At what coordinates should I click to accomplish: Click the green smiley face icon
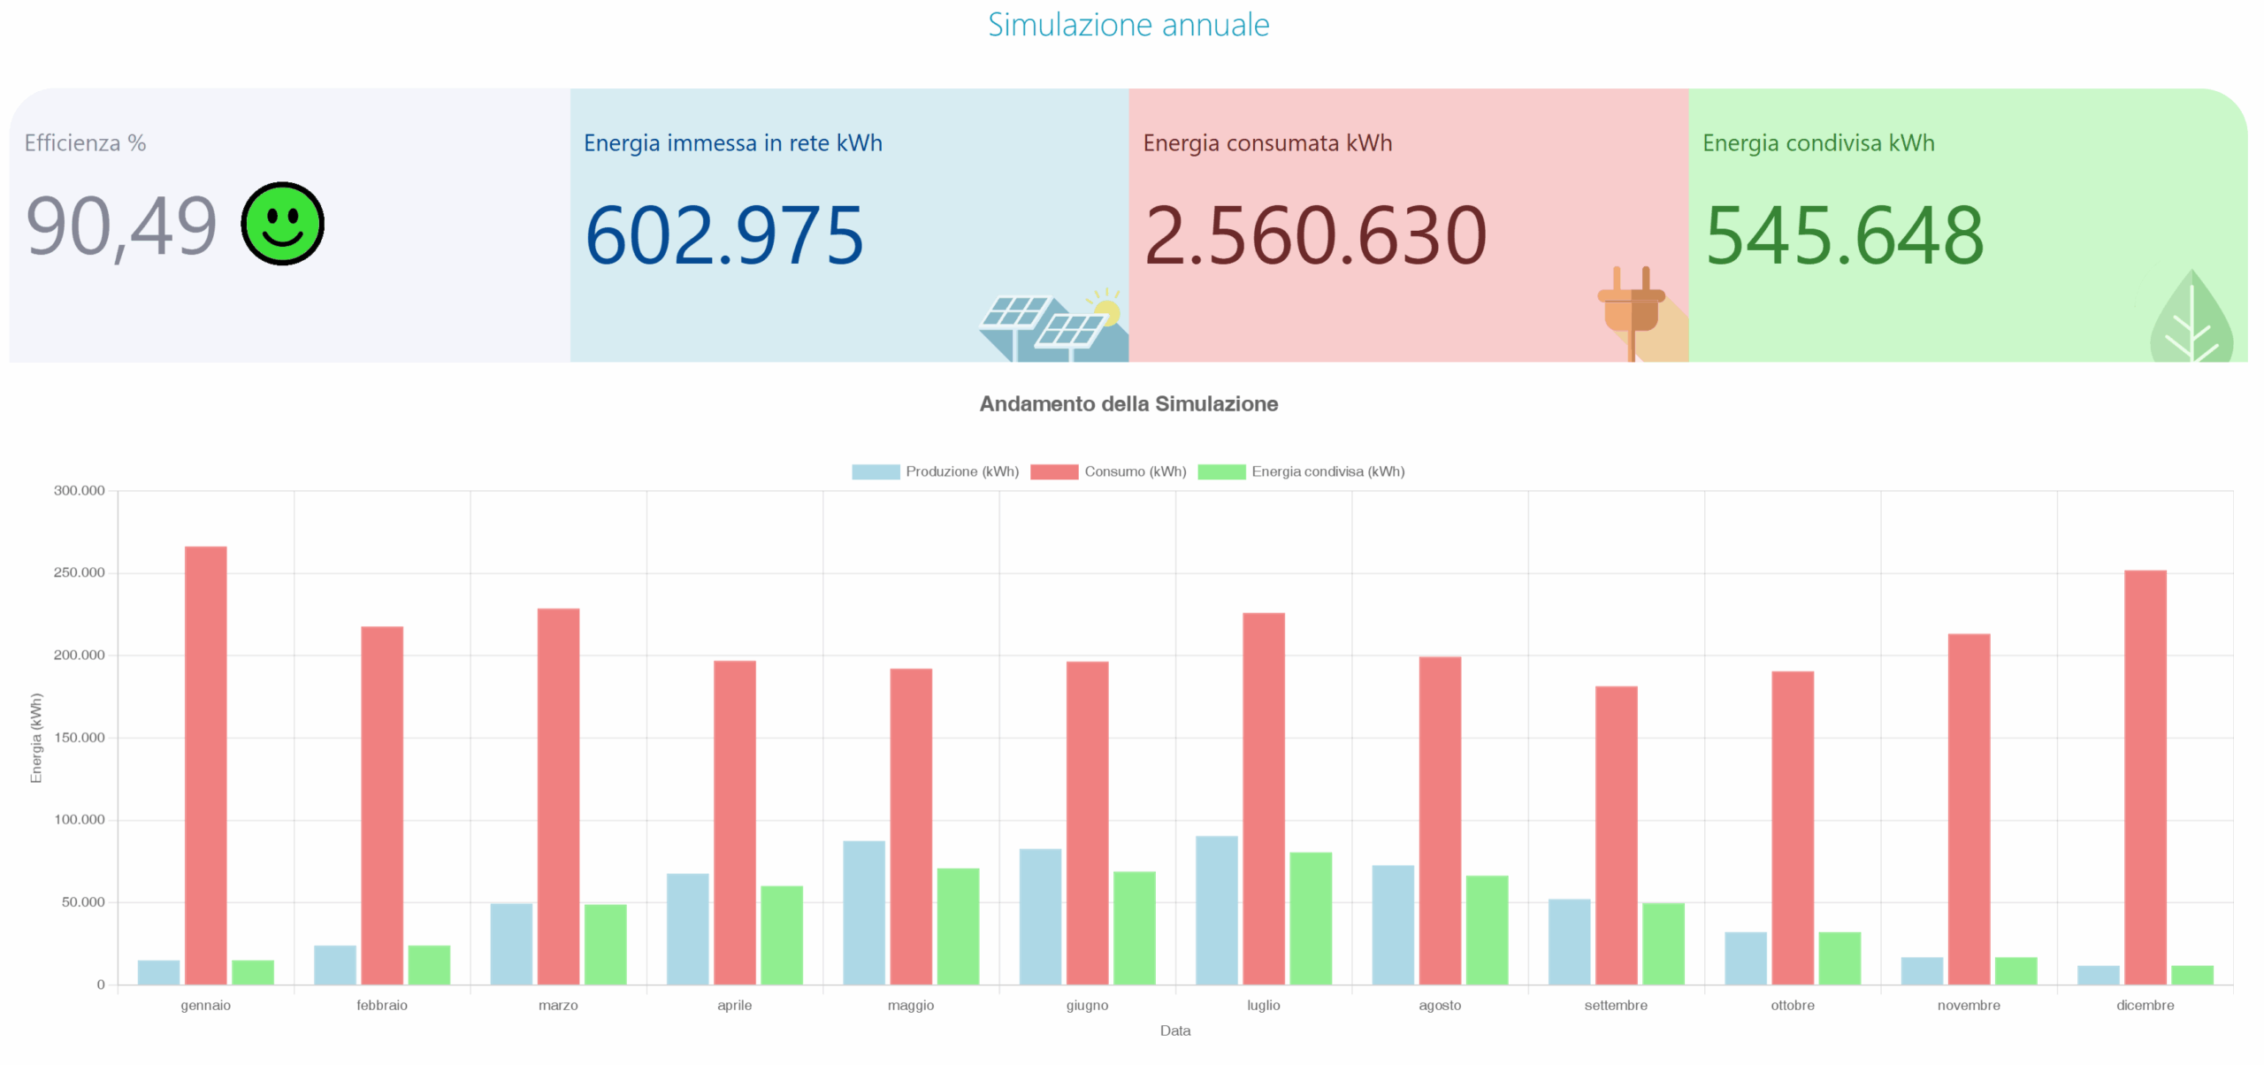tap(283, 224)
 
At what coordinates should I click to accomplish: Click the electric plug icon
tap(1633, 310)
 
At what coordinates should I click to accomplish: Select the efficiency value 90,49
tap(121, 227)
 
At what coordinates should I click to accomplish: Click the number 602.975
tap(724, 235)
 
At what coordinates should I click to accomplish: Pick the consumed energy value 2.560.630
tap(1315, 235)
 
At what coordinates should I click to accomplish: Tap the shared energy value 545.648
tap(1844, 235)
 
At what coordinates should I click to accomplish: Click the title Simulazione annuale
tap(1128, 25)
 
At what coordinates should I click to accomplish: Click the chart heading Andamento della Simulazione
tap(1128, 404)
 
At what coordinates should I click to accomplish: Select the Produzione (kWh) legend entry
tap(936, 471)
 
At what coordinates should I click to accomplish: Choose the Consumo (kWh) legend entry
tap(1109, 471)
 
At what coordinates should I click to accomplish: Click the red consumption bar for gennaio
tap(206, 764)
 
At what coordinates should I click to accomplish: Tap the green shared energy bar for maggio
tap(958, 925)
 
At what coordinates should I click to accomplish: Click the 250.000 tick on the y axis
tap(79, 573)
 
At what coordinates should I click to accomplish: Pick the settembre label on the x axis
tap(1616, 1006)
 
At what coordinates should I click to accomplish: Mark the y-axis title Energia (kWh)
tap(36, 738)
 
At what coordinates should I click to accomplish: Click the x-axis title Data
tap(1175, 1031)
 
